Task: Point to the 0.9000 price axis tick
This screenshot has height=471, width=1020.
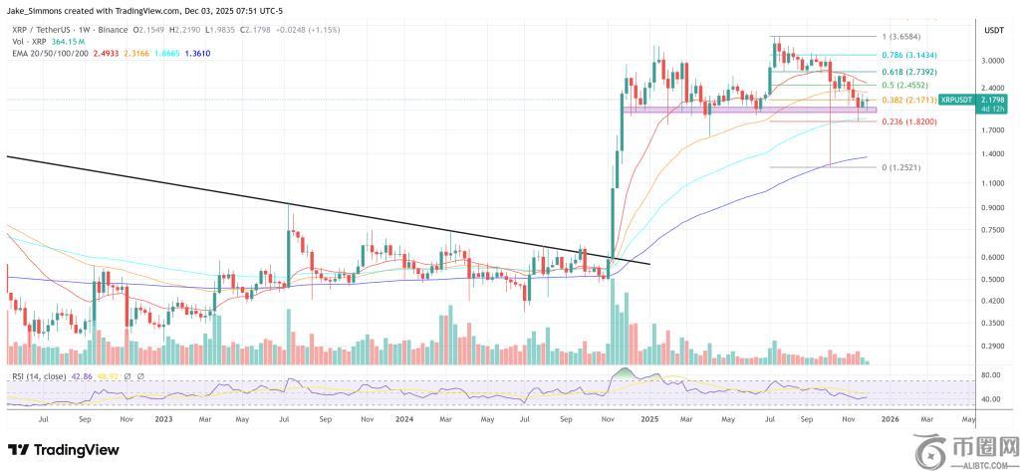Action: (x=992, y=207)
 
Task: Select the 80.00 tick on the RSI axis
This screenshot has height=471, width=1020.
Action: (x=990, y=375)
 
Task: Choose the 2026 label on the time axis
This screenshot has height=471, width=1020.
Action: (x=890, y=419)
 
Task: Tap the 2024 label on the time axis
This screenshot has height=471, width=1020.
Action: (x=405, y=419)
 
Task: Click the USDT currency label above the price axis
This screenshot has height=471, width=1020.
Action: (x=992, y=32)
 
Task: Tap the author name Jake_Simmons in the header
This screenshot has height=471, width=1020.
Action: (x=38, y=9)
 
